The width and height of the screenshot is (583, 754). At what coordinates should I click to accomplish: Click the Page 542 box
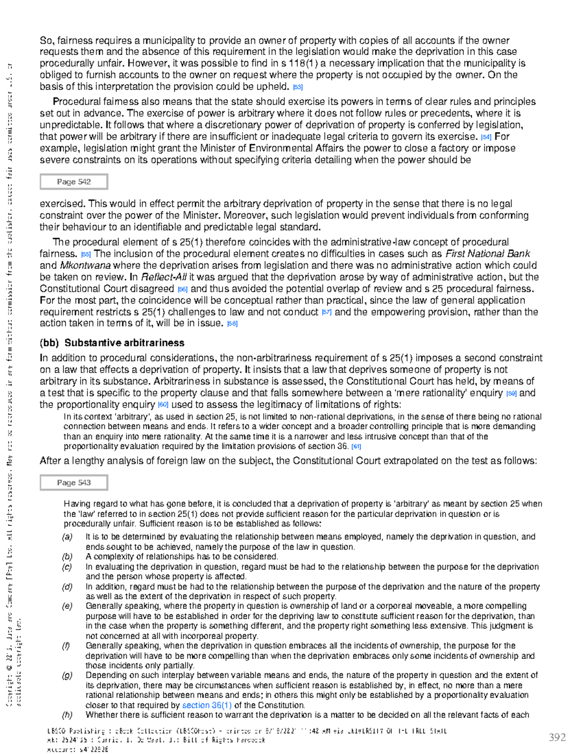74,182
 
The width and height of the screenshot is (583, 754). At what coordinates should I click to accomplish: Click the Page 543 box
74,483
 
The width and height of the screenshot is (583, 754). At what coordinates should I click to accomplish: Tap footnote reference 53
298,87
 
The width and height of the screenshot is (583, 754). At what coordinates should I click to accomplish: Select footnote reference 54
485,137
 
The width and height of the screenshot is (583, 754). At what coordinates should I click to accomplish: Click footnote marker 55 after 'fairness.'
86,254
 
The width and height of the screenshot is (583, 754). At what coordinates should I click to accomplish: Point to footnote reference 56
183,289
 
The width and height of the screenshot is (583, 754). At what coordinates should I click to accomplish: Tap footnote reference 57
326,313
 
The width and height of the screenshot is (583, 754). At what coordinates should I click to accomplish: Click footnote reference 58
232,324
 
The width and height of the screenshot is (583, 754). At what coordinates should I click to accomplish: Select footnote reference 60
163,405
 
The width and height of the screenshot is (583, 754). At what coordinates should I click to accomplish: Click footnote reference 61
356,447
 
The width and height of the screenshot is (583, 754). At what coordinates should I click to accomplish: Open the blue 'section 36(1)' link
206,705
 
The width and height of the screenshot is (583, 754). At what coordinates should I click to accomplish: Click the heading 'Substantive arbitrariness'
124,343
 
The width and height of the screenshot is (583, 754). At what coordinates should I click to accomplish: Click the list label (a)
67,537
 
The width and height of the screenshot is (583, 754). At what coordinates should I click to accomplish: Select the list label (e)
67,606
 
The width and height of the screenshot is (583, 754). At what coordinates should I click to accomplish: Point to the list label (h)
67,715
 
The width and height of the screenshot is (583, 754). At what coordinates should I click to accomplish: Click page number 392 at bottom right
557,737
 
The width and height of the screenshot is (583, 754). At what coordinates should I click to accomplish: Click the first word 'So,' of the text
47,41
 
